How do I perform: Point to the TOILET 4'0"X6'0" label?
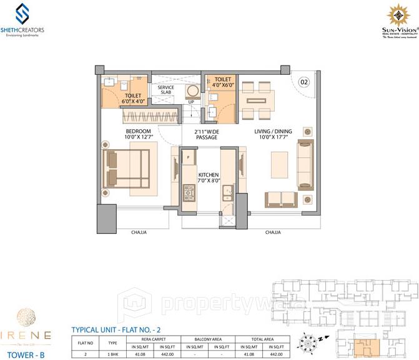click(223, 83)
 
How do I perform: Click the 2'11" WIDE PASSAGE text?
click(205, 134)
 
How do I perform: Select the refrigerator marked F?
click(187, 158)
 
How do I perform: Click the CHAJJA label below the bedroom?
click(139, 232)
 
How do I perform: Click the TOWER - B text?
click(24, 349)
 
